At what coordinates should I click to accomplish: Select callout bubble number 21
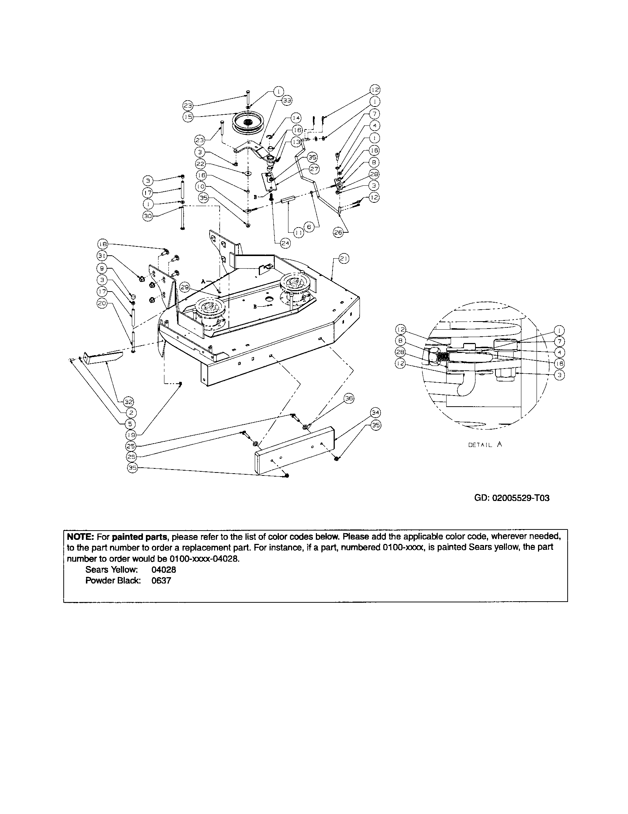pos(344,259)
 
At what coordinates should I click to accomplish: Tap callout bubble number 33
pos(287,100)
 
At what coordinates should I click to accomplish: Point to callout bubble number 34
pos(375,412)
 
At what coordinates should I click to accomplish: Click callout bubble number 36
pos(349,398)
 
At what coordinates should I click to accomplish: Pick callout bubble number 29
pos(185,287)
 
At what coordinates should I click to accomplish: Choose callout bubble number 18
pos(102,244)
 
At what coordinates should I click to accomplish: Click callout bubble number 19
pos(131,435)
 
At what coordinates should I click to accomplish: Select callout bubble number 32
pos(128,402)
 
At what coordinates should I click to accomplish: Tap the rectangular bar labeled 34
pos(295,450)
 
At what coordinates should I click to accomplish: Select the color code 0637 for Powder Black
pos(161,580)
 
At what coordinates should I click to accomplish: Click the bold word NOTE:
pos(80,537)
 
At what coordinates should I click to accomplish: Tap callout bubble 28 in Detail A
pos(400,352)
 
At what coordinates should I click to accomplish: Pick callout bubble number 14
pos(295,118)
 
